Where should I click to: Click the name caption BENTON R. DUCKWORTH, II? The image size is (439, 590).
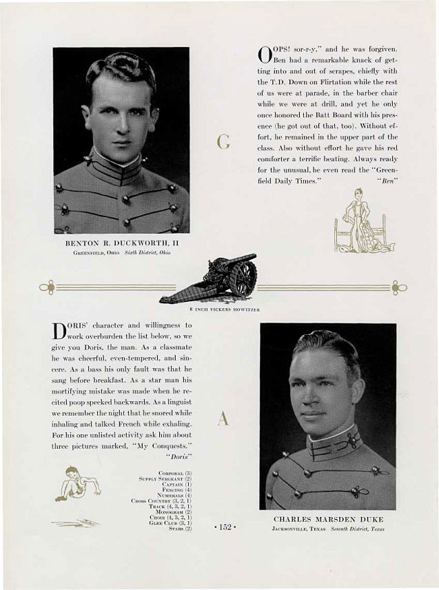[x=121, y=243]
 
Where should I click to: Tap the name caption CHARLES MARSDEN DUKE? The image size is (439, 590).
[x=328, y=519]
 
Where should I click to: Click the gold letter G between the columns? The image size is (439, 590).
[x=223, y=143]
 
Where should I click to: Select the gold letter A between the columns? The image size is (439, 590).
[x=223, y=418]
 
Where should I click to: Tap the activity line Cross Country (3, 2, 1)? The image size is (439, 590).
[x=161, y=500]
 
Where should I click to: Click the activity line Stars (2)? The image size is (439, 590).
[x=180, y=528]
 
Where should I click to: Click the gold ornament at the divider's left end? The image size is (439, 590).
[x=47, y=287]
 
